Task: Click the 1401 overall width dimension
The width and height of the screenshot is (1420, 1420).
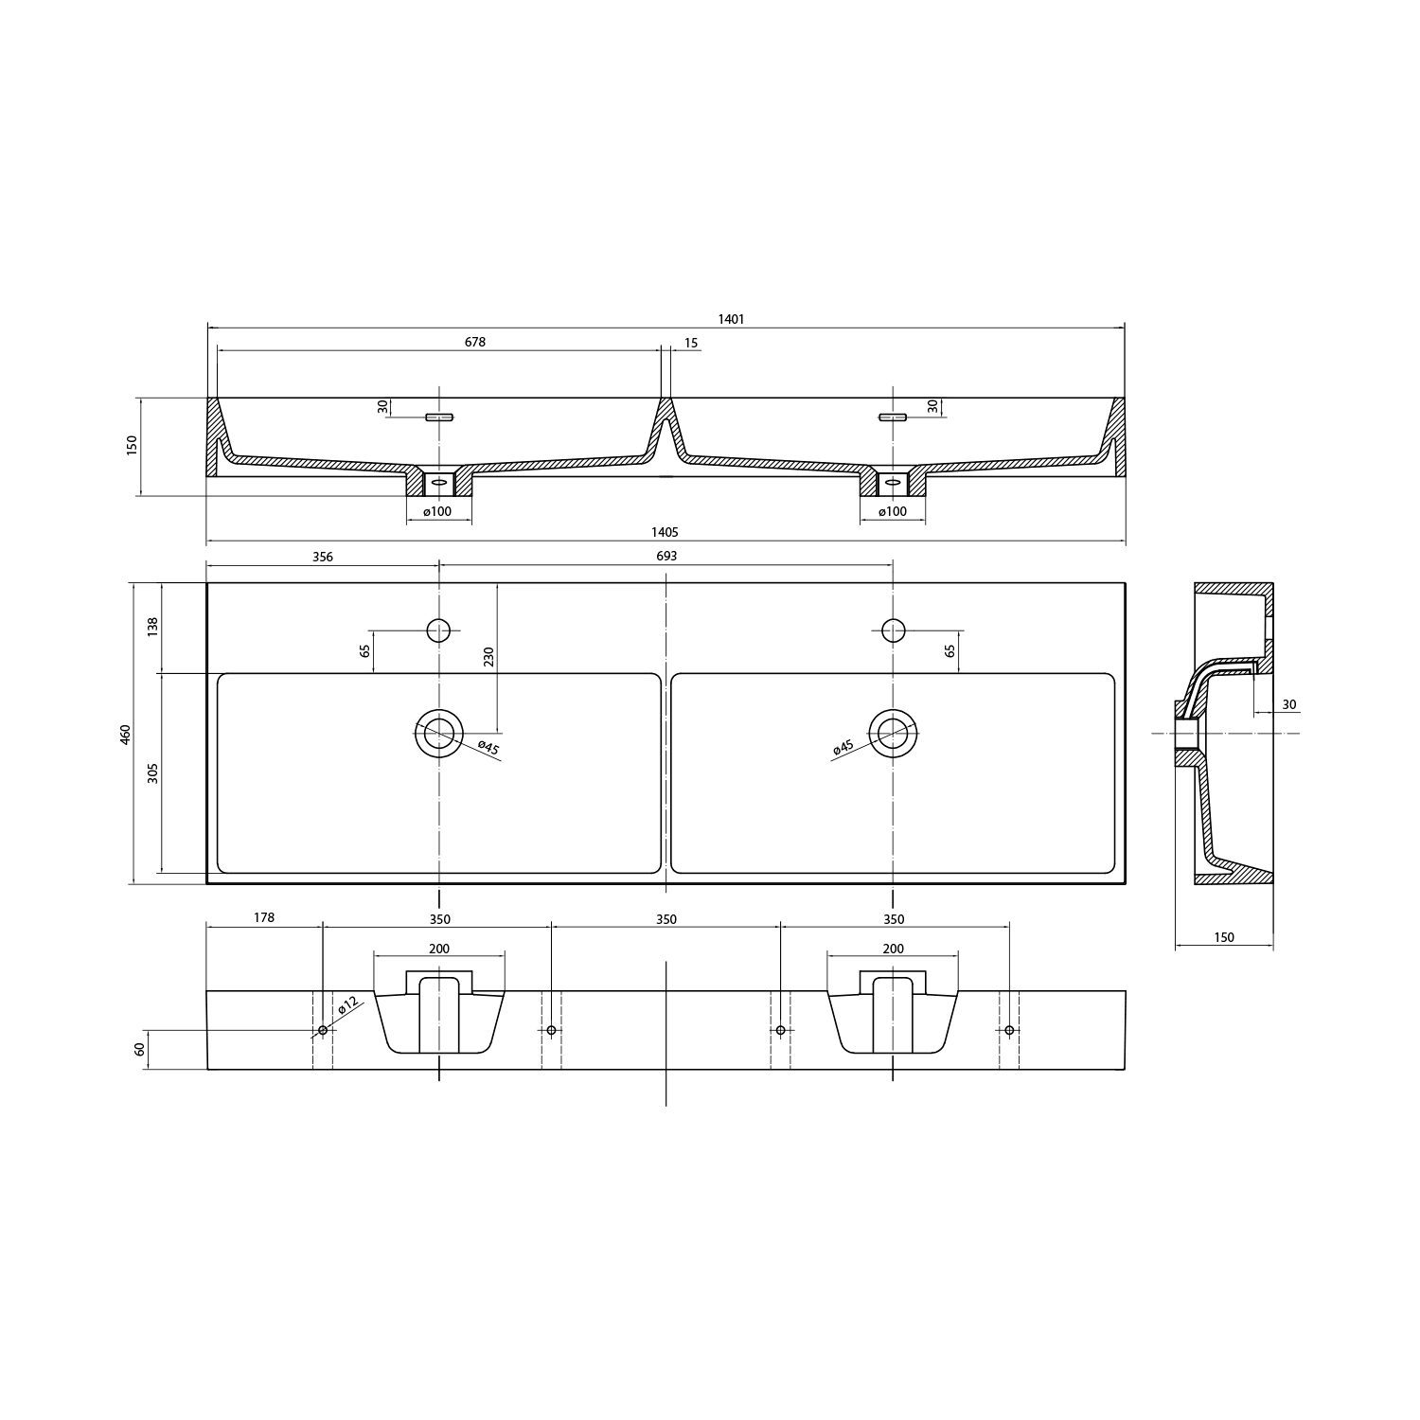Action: (731, 319)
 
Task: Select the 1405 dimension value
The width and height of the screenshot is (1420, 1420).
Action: (666, 533)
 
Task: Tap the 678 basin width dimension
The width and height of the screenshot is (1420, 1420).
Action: (475, 342)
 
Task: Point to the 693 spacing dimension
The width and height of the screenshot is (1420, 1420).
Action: (666, 557)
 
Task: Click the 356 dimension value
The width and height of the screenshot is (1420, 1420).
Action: (323, 557)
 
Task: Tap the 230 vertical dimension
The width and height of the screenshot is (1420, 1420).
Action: (488, 657)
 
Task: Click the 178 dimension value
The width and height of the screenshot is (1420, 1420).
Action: (264, 917)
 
